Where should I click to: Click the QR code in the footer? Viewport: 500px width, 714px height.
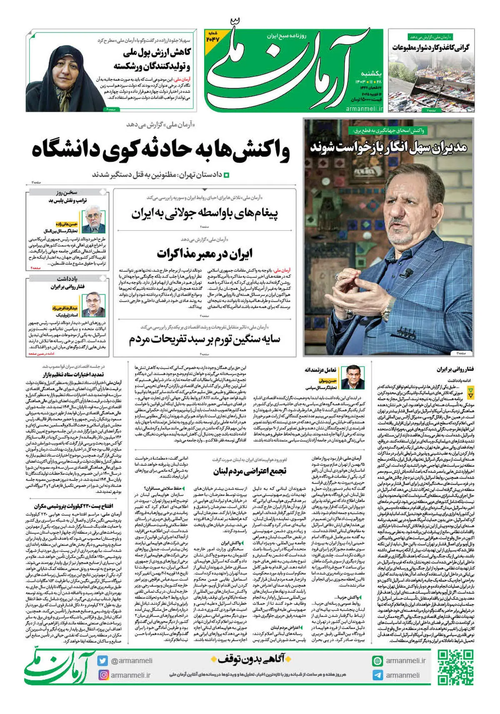(455, 667)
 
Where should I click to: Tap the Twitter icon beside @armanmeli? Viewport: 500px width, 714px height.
(102, 661)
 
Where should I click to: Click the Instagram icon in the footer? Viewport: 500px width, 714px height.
(102, 675)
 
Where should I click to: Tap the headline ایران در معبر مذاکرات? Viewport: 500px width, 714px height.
(205, 253)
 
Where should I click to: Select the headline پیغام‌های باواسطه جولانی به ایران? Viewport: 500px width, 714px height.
(205, 214)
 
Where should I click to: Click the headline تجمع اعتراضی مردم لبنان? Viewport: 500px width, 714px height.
(250, 471)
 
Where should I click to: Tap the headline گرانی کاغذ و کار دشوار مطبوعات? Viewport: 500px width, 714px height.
(431, 47)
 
